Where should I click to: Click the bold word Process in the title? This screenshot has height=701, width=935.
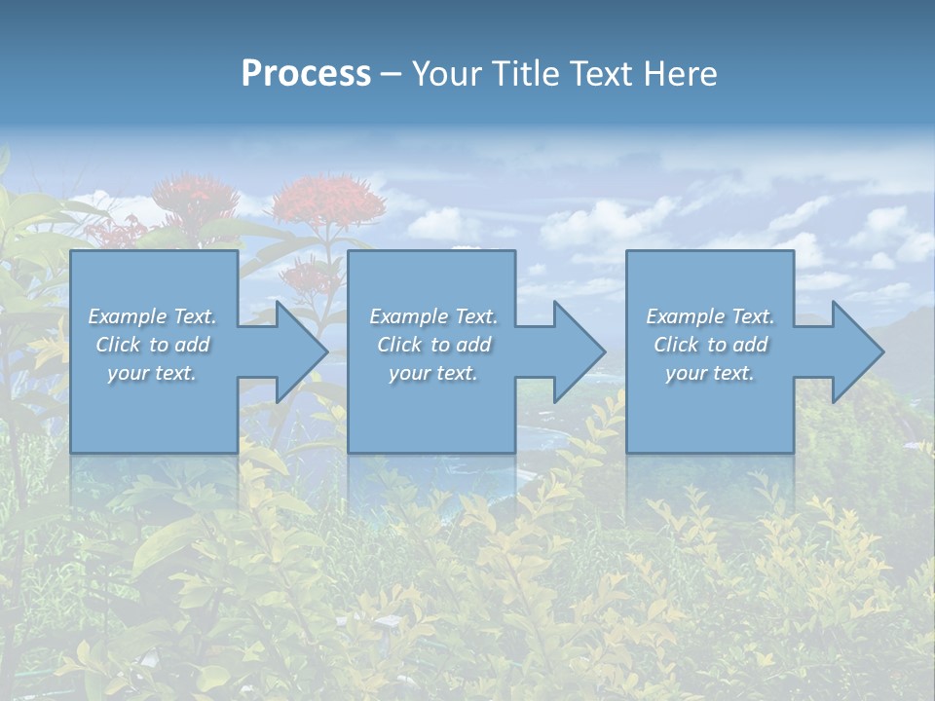click(306, 74)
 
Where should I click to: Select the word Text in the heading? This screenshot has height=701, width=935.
click(602, 74)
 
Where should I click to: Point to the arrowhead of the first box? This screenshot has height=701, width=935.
click(298, 351)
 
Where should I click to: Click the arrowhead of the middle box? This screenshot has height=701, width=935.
click(577, 351)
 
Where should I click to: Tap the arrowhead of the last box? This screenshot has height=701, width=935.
click(855, 351)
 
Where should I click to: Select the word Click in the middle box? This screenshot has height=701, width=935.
click(398, 345)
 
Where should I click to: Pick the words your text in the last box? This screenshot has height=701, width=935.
click(710, 373)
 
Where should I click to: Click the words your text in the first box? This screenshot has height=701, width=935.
click(152, 373)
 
